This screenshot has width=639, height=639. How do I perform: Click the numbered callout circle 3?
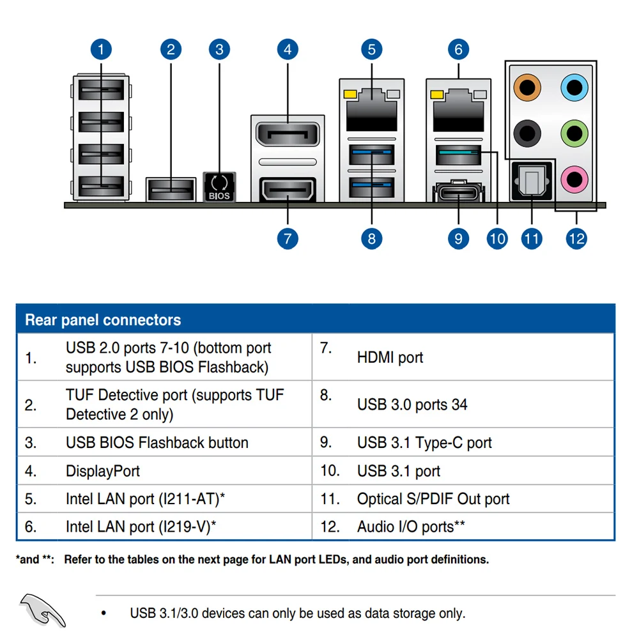[x=219, y=49]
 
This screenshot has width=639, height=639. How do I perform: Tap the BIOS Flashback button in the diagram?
[x=219, y=186]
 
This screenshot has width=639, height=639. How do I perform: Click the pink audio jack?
[x=573, y=181]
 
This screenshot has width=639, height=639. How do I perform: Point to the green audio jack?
[x=573, y=133]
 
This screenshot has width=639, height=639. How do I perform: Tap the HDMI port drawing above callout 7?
[x=288, y=190]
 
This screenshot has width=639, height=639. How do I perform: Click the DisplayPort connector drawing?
[x=288, y=135]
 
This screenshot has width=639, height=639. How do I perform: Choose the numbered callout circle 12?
[x=576, y=238]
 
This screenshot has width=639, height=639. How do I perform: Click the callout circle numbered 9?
[x=458, y=238]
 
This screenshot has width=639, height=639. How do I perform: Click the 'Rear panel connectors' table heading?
[x=103, y=319]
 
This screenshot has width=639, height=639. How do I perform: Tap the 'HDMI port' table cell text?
[x=390, y=358]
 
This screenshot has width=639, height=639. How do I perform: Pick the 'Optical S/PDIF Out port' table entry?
[x=433, y=499]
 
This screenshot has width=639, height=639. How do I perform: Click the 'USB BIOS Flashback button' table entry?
[x=157, y=443]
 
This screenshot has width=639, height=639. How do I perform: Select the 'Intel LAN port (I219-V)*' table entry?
[x=141, y=527]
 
